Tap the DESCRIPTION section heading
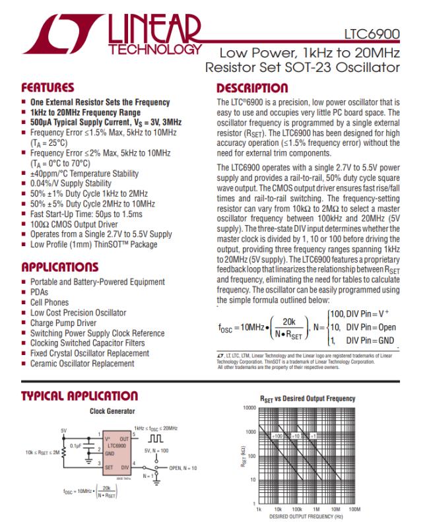click(252, 88)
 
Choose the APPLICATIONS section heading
click(59, 267)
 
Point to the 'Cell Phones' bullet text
click(49, 302)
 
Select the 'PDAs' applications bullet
click(40, 292)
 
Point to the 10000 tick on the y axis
click(248, 408)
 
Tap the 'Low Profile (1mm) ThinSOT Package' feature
click(94, 244)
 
